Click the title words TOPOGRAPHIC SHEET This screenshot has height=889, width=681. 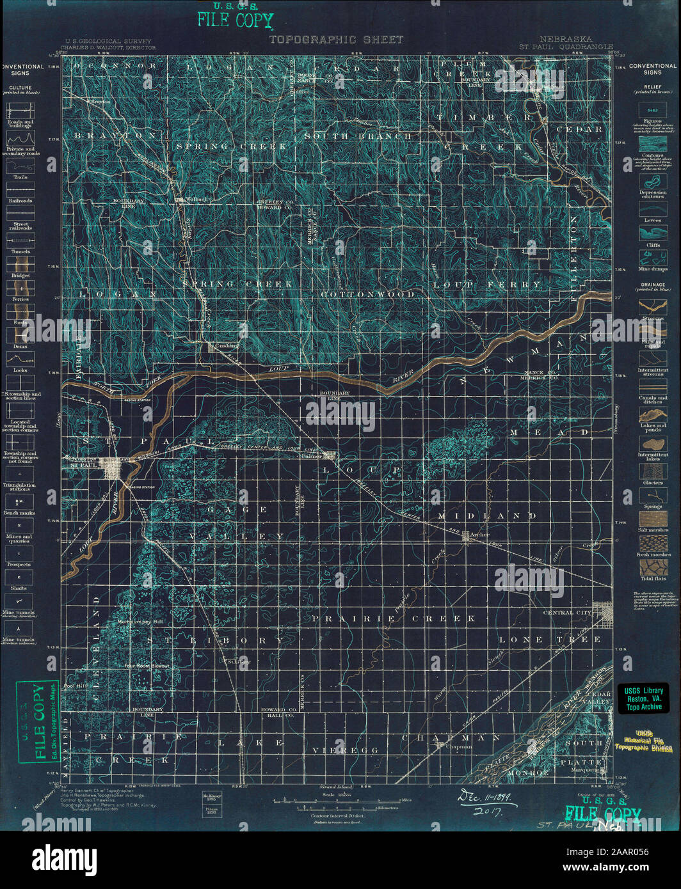click(x=336, y=40)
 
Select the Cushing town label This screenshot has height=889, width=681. click(x=227, y=346)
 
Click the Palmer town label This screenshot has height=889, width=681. click(x=312, y=456)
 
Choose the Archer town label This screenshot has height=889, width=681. click(x=479, y=535)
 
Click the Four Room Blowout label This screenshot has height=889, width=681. click(x=147, y=666)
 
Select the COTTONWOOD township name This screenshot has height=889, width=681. click(x=367, y=294)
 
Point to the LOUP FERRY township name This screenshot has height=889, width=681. click(x=487, y=285)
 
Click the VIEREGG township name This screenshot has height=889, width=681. click(x=346, y=750)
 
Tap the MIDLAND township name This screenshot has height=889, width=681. click(x=487, y=515)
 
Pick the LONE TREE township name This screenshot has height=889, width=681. click(x=550, y=640)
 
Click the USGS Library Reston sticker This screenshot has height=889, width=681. click(x=645, y=698)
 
